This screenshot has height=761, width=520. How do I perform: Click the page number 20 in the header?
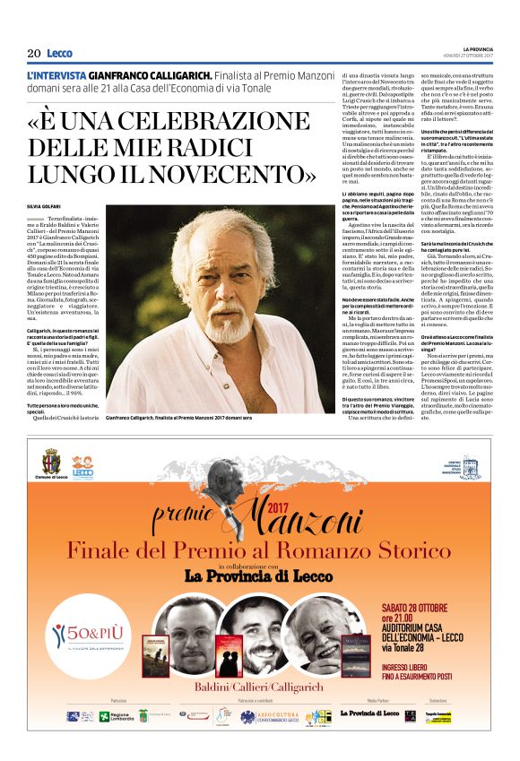33,53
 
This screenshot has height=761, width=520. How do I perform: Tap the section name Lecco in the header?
59,53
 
